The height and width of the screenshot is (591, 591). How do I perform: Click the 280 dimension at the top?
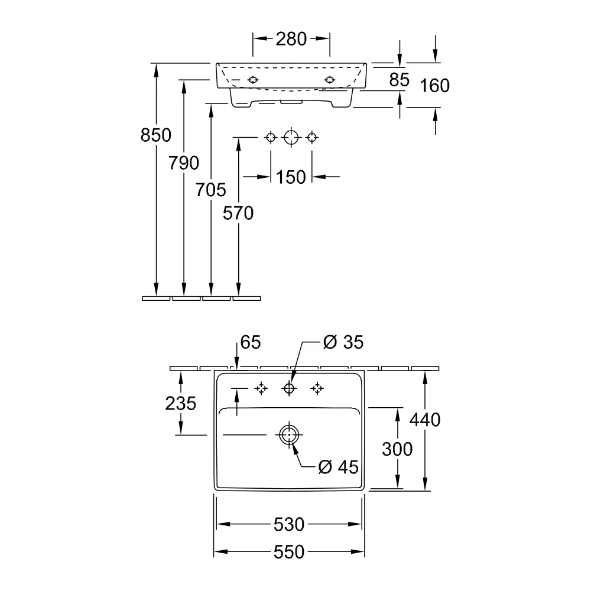(x=291, y=39)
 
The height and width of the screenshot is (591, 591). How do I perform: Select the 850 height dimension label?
(x=155, y=135)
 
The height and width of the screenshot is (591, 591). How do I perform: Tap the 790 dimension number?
(x=184, y=163)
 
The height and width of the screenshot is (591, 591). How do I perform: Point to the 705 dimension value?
(x=211, y=190)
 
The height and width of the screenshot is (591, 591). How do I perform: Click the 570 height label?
(x=238, y=213)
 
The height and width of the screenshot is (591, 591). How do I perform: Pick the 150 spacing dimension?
(x=291, y=177)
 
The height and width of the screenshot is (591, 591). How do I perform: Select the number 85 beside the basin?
(x=400, y=80)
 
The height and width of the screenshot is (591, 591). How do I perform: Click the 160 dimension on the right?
(x=435, y=86)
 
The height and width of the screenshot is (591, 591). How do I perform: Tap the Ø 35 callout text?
(x=343, y=342)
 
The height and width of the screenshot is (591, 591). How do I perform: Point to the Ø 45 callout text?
(x=339, y=467)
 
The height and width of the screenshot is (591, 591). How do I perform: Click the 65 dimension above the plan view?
(x=251, y=342)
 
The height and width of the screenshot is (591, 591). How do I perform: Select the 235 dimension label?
(x=180, y=403)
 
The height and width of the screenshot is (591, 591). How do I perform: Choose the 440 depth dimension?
(x=425, y=420)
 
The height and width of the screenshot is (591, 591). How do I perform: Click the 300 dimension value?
(x=397, y=449)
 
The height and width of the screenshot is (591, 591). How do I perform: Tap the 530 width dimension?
(x=289, y=524)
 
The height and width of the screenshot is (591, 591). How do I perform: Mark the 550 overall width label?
(x=289, y=552)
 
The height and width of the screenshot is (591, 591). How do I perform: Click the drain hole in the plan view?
(x=289, y=434)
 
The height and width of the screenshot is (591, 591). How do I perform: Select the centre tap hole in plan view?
(x=289, y=388)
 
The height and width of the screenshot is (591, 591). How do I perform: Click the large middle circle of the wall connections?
(x=291, y=137)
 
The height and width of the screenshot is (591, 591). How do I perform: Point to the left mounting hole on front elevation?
(x=253, y=80)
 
